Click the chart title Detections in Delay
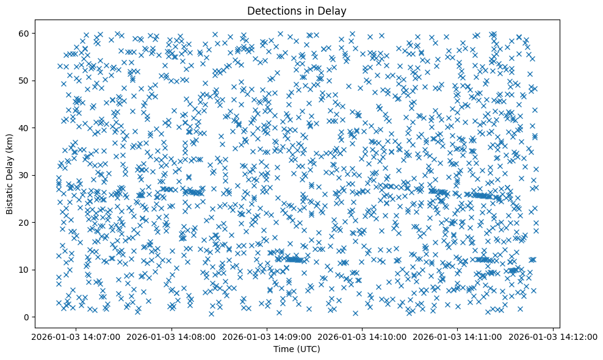pos(296,10)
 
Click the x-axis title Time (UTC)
pos(296,350)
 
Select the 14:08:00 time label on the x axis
pos(172,336)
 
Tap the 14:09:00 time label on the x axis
pos(267,336)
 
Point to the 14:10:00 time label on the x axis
pos(363,336)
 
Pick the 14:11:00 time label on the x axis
pos(458,336)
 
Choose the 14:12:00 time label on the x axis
pos(554,336)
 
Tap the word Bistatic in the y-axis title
pos(10,196)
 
